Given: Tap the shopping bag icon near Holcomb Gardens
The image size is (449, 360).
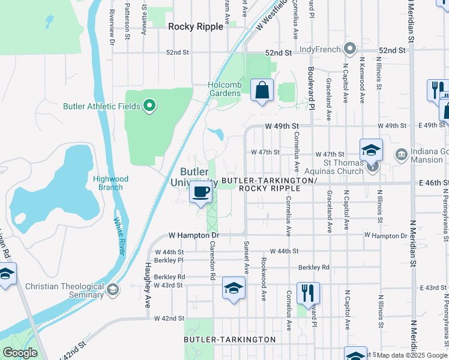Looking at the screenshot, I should pos(262,91).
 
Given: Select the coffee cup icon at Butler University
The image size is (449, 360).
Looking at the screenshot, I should pos(200,192).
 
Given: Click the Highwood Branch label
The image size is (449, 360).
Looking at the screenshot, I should pos(108,182).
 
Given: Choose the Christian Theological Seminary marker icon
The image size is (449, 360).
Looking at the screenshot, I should pos(112,290).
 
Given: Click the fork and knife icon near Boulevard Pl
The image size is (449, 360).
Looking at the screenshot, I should pos(307,293).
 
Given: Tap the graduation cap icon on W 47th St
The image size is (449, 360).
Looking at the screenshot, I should pos(371,149).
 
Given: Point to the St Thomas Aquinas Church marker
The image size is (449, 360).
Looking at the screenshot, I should pos(372,167).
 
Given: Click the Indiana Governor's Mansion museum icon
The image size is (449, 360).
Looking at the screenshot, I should pos(400,155).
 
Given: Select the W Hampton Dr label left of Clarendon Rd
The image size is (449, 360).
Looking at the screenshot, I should pos(179,235).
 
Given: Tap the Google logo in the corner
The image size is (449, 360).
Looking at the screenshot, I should pos(20,353).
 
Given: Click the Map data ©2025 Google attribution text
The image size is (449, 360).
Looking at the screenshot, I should pos(412,355).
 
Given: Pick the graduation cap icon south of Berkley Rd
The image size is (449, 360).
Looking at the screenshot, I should pos(234,289).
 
